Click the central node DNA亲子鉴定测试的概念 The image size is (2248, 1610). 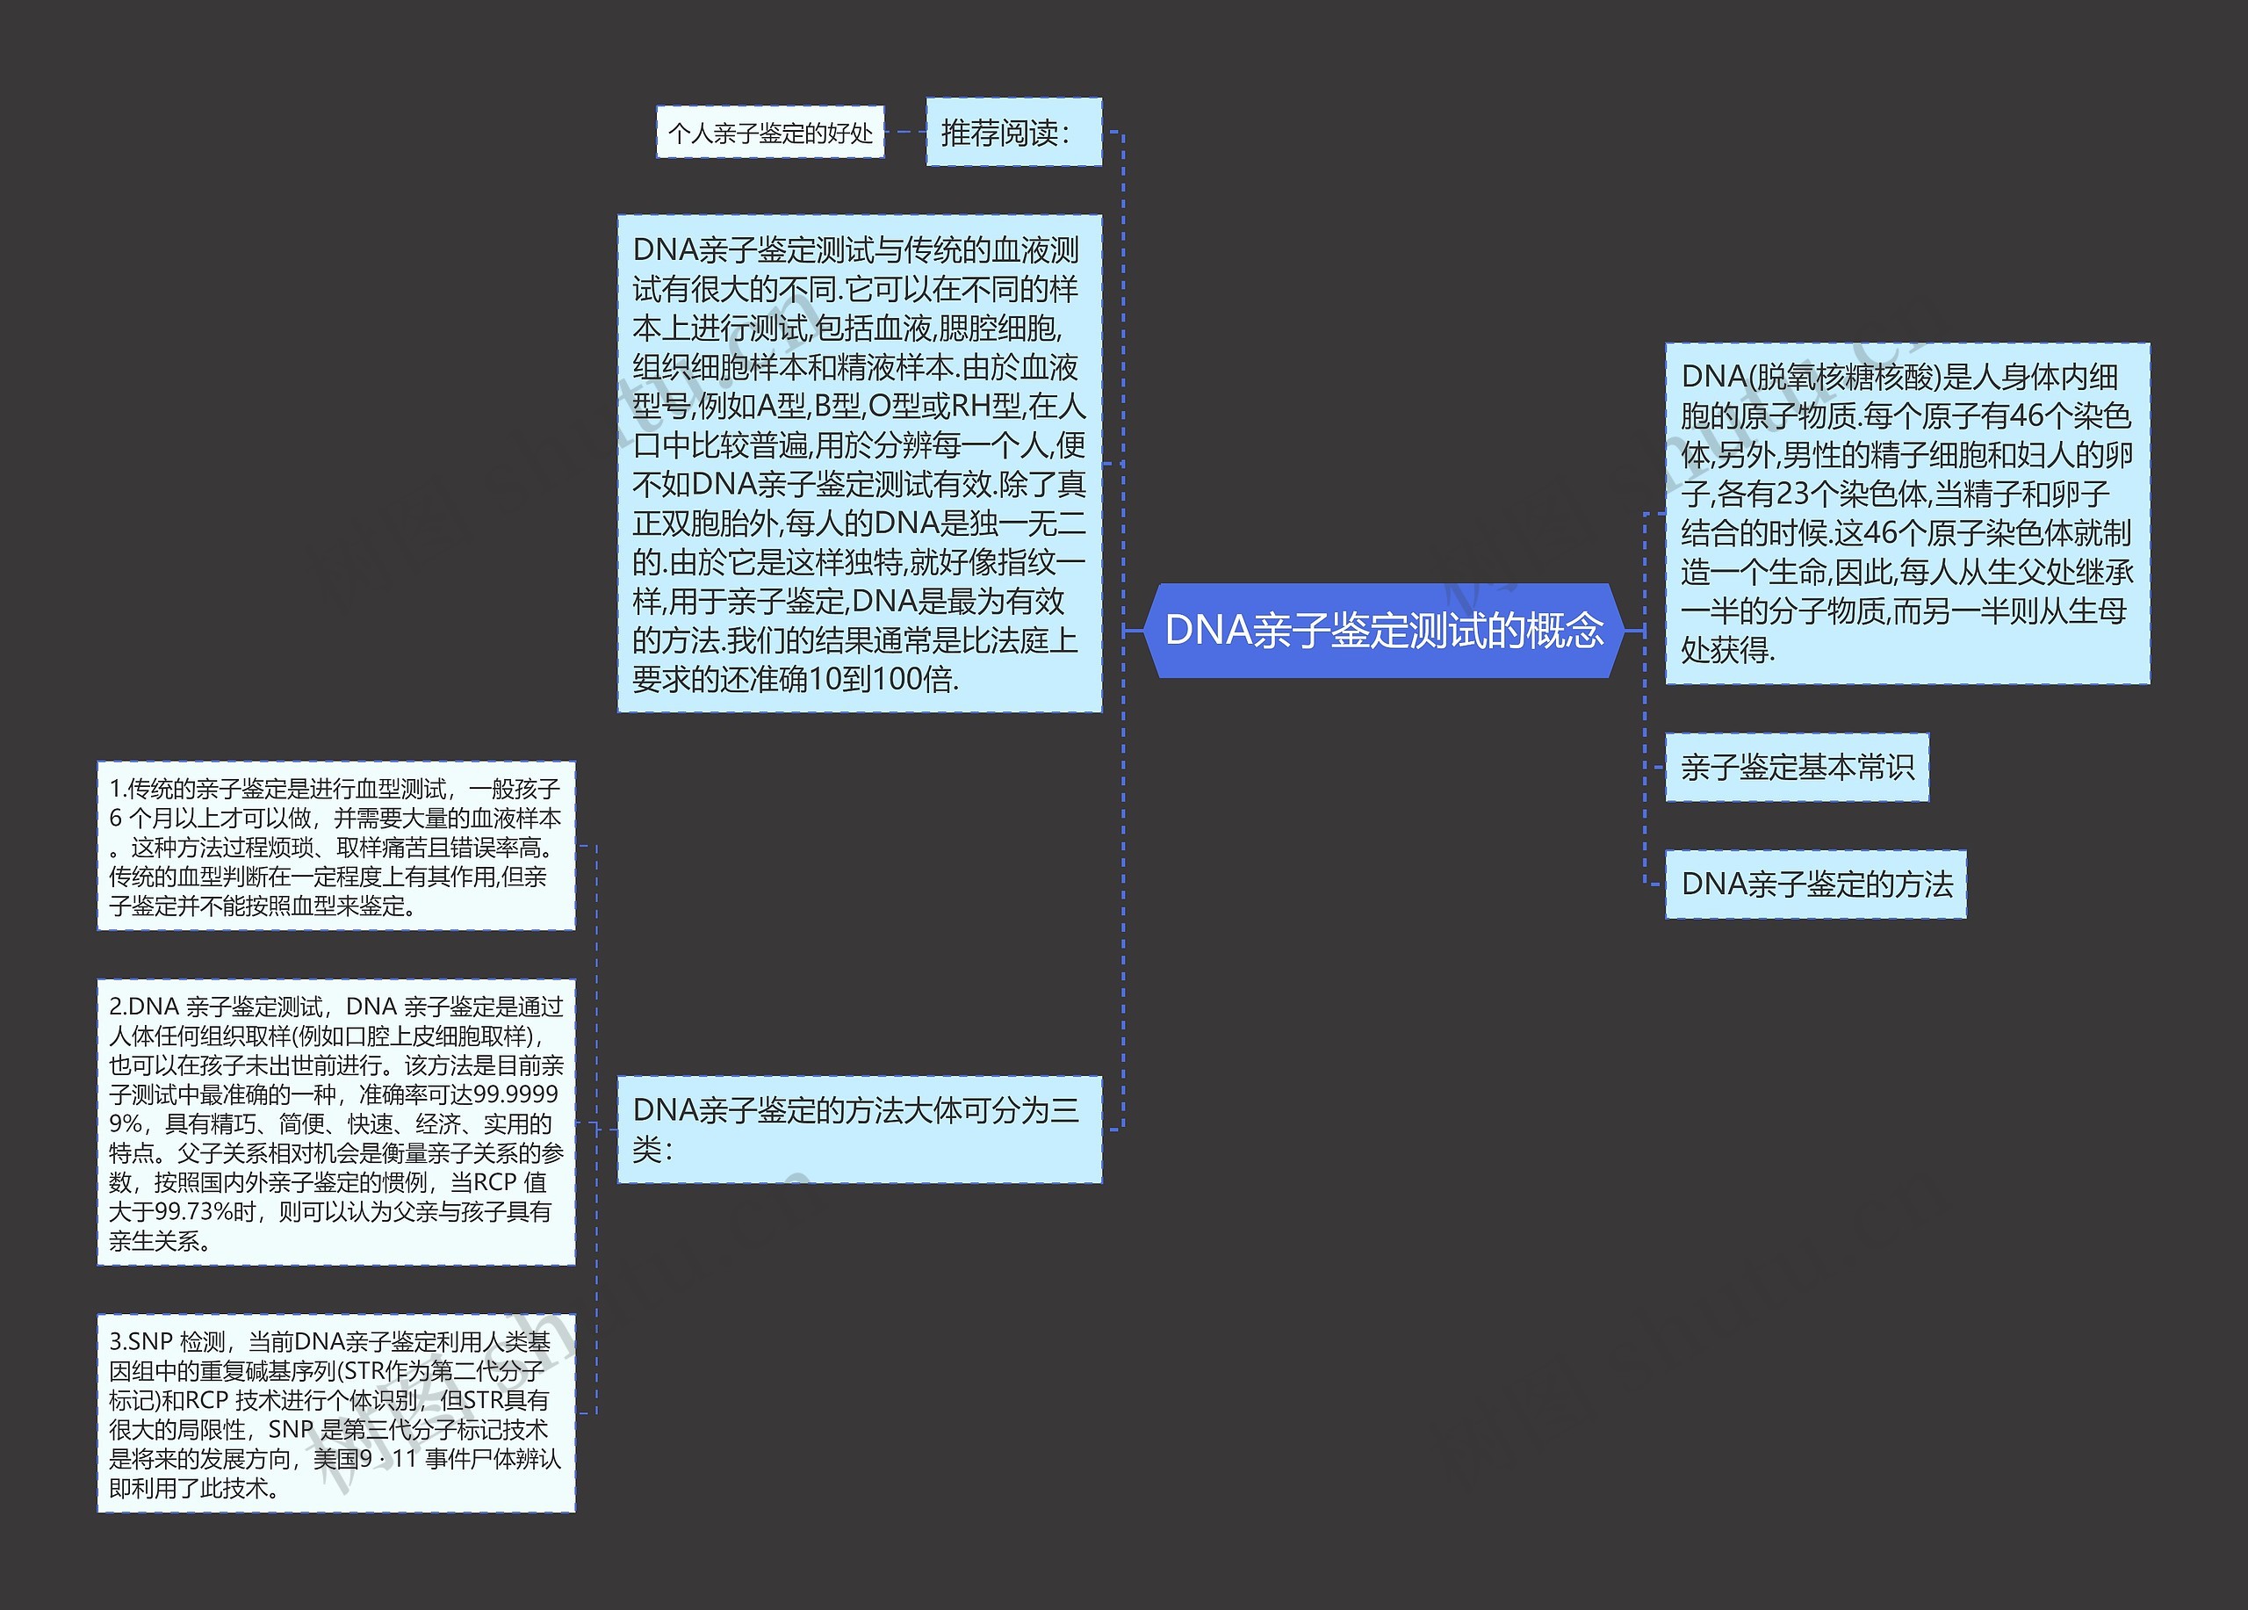(1384, 631)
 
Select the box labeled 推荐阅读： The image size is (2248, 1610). (1013, 132)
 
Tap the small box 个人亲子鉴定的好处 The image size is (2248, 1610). (770, 133)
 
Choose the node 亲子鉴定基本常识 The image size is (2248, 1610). (1796, 768)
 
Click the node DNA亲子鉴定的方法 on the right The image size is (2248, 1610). (1815, 884)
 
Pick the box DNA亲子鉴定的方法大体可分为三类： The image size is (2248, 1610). (858, 1130)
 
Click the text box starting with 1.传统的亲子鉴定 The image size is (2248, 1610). (336, 846)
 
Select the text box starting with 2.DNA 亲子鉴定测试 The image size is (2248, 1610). (336, 1123)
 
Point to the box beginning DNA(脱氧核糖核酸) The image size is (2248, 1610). (1906, 513)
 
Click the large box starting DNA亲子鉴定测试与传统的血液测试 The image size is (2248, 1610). (858, 463)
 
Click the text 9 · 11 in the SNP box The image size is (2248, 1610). (388, 1459)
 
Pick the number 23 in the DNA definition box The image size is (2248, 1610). (1793, 494)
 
